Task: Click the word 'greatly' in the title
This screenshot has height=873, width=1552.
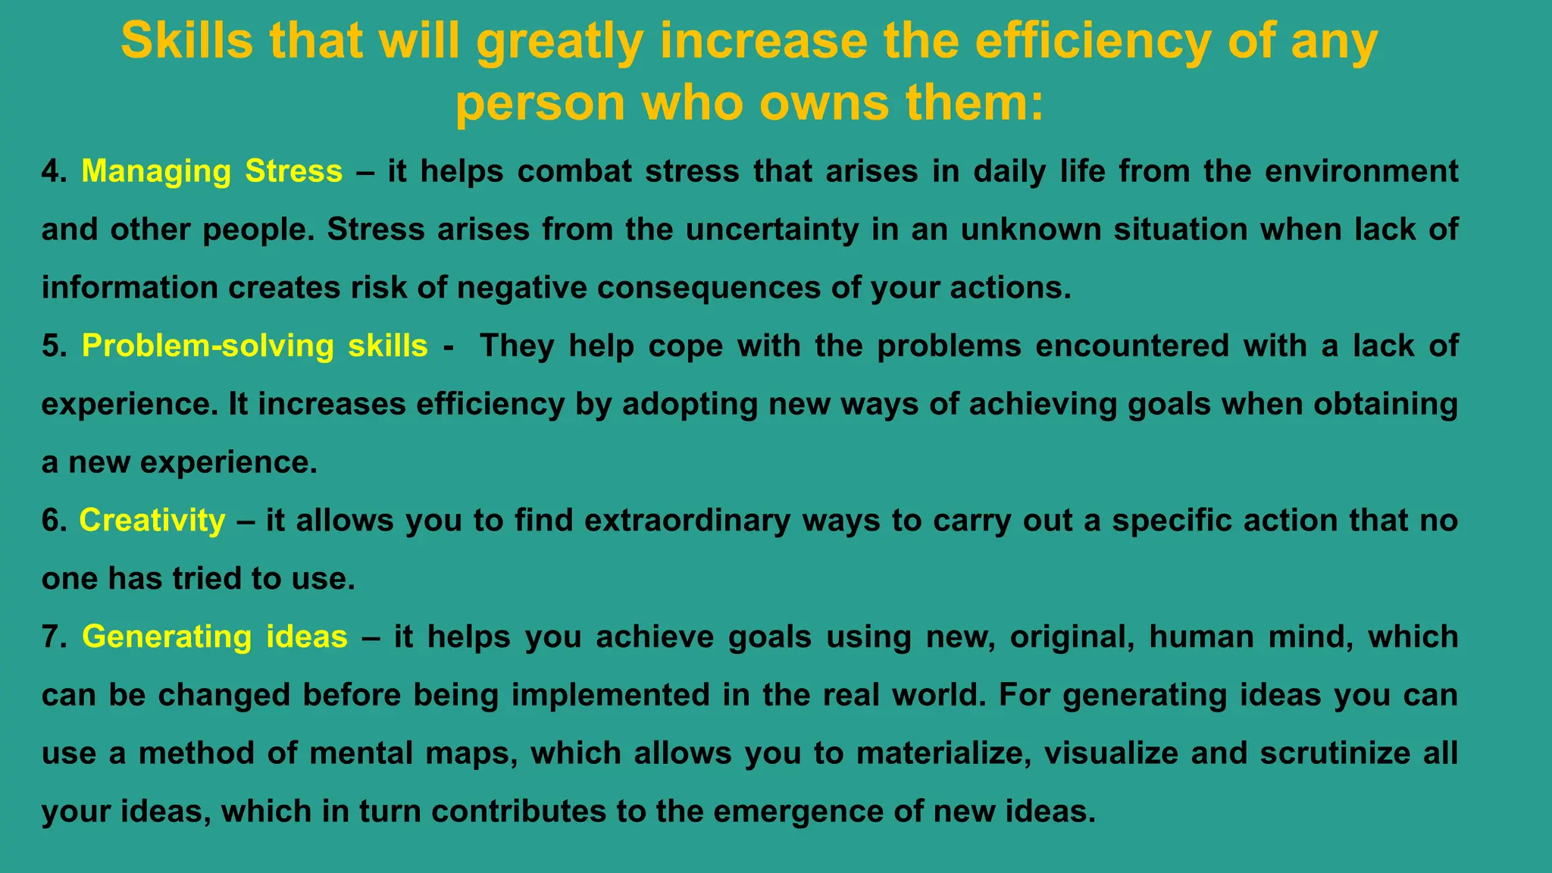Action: pos(560,42)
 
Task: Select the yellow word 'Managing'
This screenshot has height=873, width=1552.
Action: pos(156,171)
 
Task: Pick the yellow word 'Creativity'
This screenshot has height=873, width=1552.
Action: pos(152,521)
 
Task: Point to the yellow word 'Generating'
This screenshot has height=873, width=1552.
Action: pos(167,637)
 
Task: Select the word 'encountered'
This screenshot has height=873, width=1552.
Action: pos(1132,346)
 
